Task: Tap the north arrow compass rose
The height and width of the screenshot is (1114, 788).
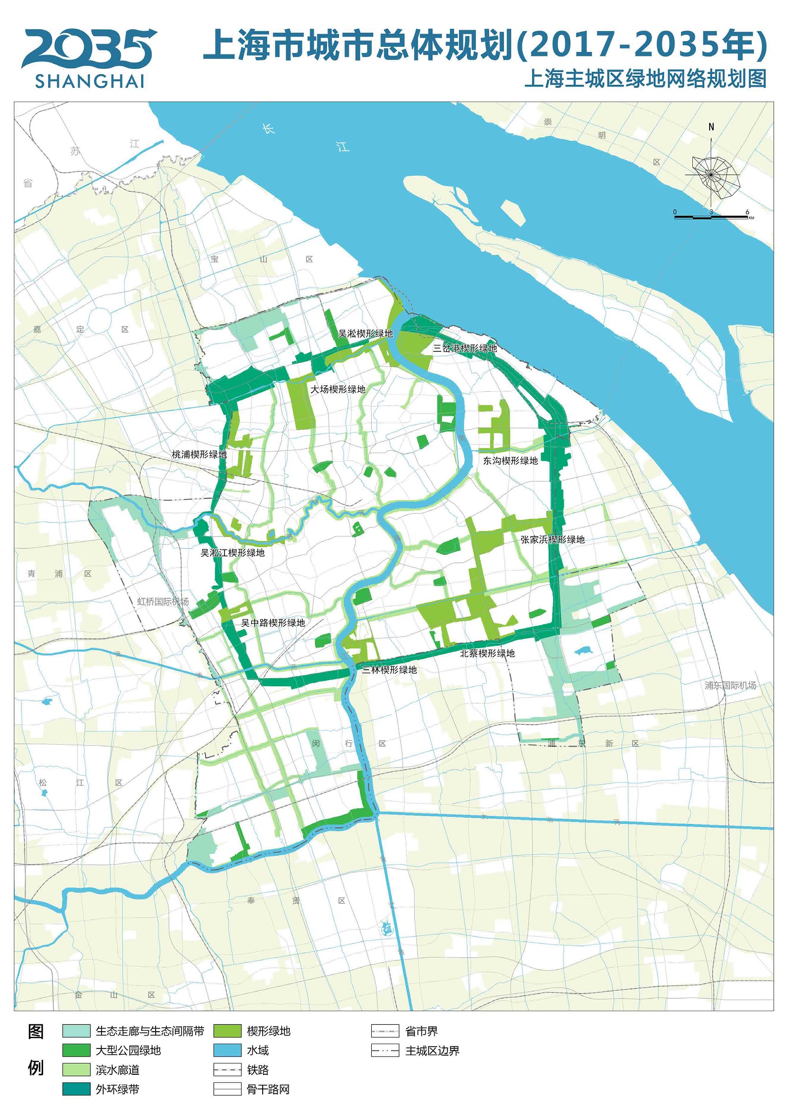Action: tap(712, 174)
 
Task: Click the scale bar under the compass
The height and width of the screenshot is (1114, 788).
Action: tap(712, 217)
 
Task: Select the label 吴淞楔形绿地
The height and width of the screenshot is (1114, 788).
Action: tap(365, 334)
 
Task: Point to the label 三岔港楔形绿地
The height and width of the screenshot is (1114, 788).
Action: tap(464, 348)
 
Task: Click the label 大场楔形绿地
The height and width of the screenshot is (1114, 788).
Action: tap(338, 389)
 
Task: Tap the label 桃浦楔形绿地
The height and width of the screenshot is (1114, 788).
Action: tap(199, 454)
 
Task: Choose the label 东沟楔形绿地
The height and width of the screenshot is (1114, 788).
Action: tap(510, 461)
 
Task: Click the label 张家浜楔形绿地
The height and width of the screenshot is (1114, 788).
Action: tap(553, 539)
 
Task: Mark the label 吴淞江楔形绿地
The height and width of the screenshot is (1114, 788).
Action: tap(232, 553)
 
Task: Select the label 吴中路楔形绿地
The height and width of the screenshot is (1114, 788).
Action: tap(273, 623)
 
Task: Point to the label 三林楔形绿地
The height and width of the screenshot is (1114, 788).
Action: tap(389, 670)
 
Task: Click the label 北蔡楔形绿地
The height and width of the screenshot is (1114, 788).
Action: tap(487, 653)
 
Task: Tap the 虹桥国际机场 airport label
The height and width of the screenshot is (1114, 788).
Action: tap(163, 602)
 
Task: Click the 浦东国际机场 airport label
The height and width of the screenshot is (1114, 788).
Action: tap(731, 685)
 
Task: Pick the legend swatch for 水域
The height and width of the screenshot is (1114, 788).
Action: tap(227, 1050)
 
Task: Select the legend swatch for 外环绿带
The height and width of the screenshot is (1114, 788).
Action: tap(76, 1089)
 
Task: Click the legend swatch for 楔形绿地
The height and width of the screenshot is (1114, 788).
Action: tap(227, 1031)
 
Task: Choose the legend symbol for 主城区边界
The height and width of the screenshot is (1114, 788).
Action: tap(385, 1050)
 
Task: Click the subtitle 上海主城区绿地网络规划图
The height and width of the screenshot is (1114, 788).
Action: tap(645, 79)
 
